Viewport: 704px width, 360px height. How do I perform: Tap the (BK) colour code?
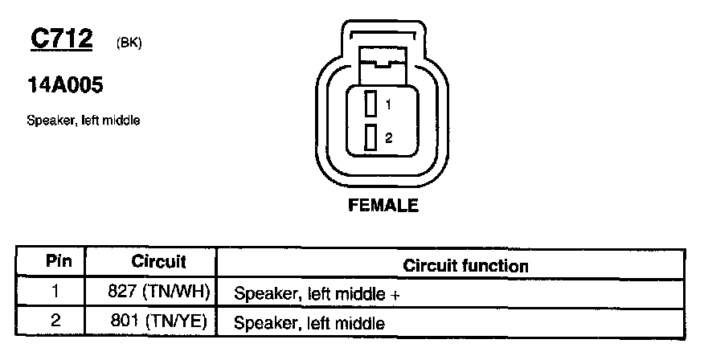point(129,43)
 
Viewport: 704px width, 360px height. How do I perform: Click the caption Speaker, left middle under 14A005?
point(84,121)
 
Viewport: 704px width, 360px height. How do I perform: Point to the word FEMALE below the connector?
point(383,205)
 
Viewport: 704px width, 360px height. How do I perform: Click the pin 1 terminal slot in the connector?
point(370,104)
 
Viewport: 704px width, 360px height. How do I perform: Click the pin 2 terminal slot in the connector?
point(370,138)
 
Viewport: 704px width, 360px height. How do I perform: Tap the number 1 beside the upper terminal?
point(387,104)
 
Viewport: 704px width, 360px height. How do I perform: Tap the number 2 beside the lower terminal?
point(388,138)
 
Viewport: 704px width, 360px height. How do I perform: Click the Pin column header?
point(59,262)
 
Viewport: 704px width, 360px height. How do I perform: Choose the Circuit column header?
point(159,262)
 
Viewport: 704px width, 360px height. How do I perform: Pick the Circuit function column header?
point(465,265)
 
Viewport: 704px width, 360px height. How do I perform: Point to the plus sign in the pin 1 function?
point(395,295)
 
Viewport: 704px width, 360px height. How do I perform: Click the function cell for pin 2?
point(309,324)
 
